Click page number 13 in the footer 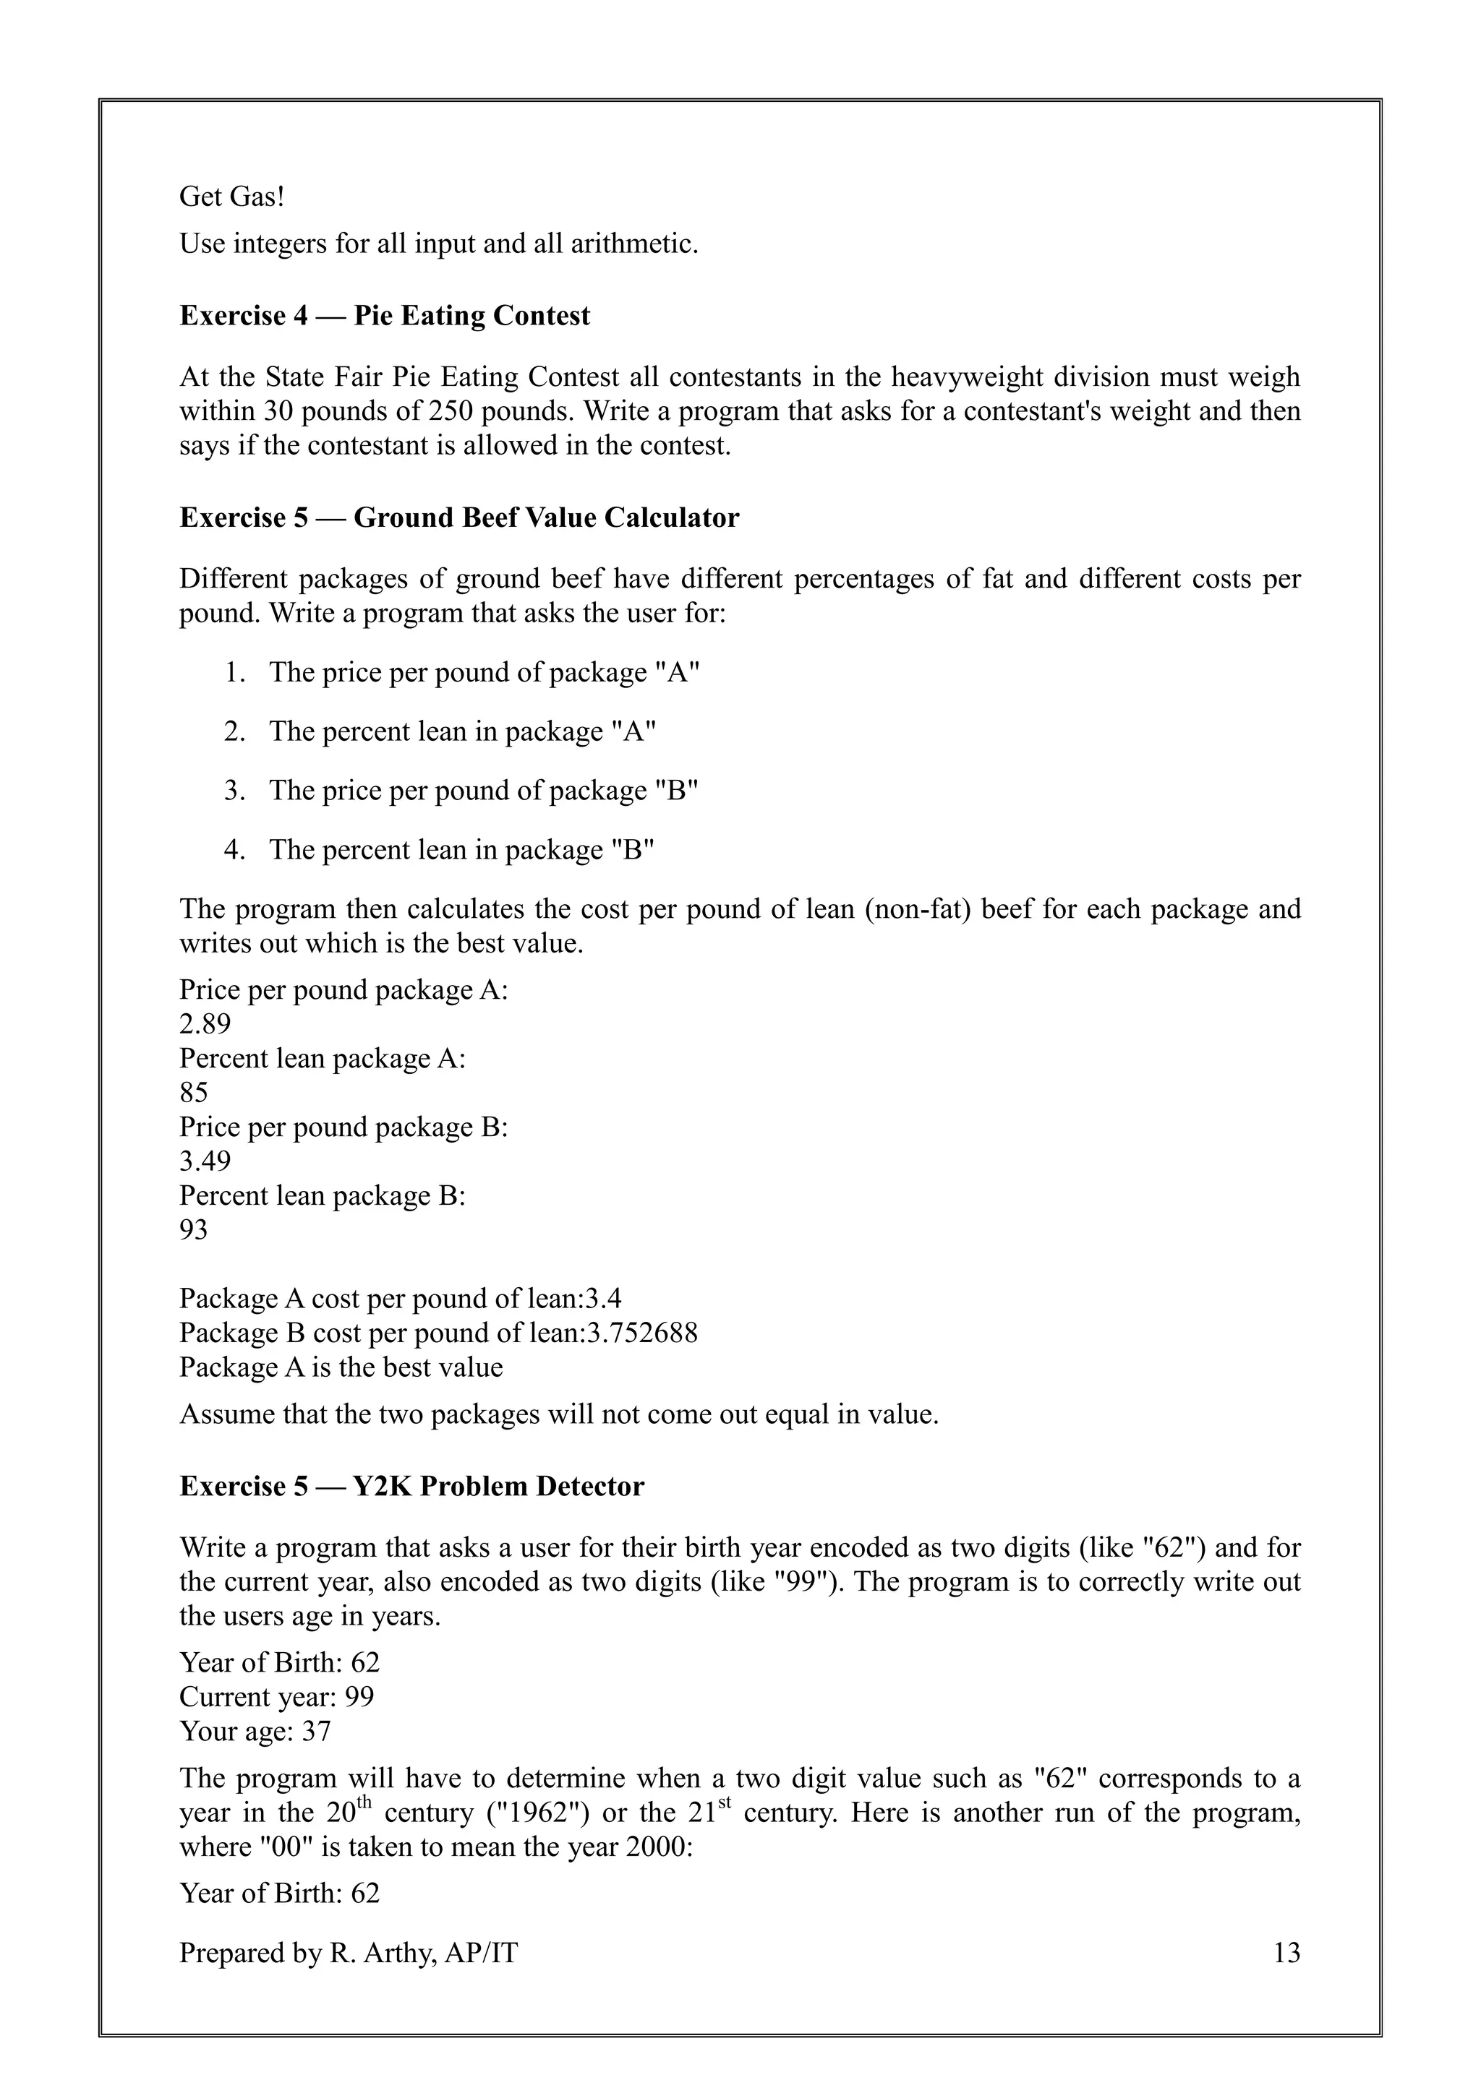(1286, 1953)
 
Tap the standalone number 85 (193, 1092)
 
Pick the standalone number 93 (193, 1230)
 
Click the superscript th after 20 (364, 1802)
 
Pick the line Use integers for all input (438, 244)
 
